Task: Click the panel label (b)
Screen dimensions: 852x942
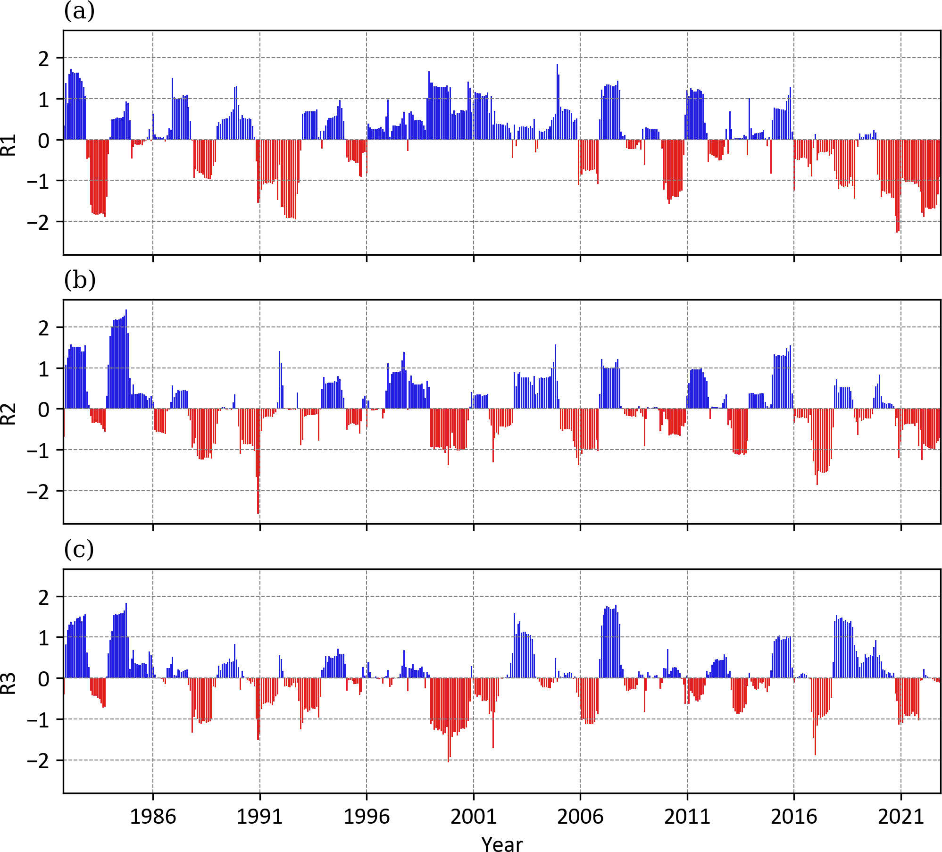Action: (80, 280)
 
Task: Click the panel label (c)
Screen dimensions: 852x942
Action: (79, 550)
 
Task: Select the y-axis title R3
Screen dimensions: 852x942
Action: (9, 683)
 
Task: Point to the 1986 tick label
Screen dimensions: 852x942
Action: (152, 817)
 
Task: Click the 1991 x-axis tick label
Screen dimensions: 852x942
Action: (259, 817)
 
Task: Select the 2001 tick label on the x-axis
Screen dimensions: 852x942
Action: (474, 817)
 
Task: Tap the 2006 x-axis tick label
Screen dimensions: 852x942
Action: (580, 817)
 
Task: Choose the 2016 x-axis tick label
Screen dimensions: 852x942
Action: (794, 817)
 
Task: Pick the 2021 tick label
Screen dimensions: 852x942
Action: (900, 817)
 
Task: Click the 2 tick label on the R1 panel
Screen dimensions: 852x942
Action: (44, 59)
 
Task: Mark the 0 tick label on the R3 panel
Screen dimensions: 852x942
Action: (44, 679)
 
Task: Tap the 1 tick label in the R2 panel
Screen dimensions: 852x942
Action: (44, 369)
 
